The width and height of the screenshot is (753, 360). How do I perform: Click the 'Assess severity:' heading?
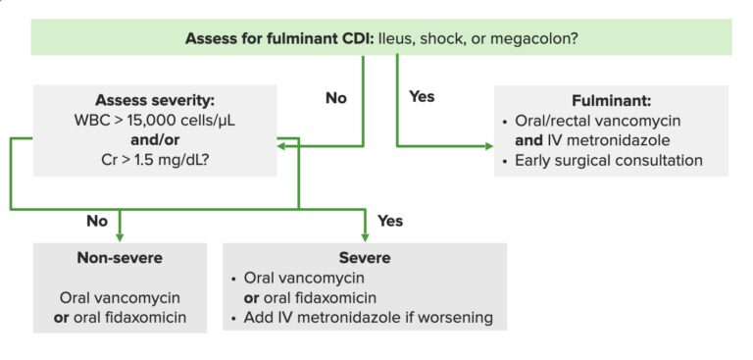tap(155, 101)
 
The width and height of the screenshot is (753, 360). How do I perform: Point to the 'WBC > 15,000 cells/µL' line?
tap(155, 121)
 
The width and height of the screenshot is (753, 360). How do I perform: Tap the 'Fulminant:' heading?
tap(611, 101)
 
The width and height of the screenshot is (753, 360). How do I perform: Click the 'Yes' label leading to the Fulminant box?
tap(420, 97)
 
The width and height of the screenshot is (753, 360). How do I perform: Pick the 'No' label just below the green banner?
tap(337, 98)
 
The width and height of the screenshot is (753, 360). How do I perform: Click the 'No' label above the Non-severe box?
tap(97, 221)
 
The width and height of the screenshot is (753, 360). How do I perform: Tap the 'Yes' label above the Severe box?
tap(389, 221)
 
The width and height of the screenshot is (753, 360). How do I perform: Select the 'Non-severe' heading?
tap(120, 258)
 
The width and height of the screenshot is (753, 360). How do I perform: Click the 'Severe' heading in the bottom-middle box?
tap(365, 258)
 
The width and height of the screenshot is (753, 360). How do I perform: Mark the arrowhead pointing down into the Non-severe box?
tap(120, 235)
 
